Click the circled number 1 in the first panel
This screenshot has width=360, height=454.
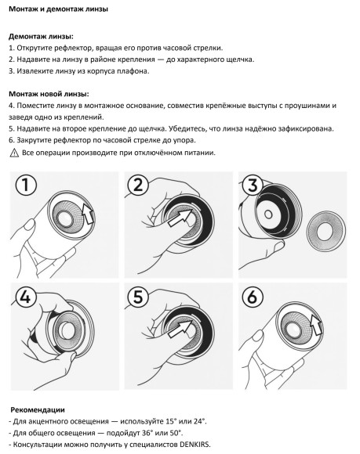[26, 186]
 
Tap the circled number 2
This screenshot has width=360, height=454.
[138, 186]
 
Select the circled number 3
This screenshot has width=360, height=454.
[253, 186]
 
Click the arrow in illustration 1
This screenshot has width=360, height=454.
[88, 214]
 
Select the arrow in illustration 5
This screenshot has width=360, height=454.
[180, 328]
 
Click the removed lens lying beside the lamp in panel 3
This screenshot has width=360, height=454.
[326, 230]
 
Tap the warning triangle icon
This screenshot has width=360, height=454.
[14, 153]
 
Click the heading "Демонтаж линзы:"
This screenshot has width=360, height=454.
[41, 37]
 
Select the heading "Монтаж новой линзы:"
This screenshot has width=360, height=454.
[49, 94]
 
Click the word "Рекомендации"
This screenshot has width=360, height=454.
[38, 409]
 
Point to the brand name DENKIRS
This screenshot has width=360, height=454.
[194, 444]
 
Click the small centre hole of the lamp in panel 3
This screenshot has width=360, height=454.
[268, 214]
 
